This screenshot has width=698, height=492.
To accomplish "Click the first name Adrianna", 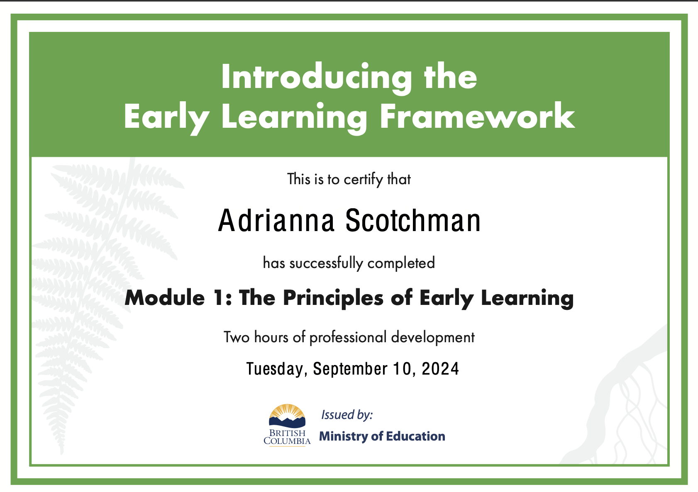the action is point(276,221).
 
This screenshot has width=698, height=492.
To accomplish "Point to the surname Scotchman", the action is point(413,221).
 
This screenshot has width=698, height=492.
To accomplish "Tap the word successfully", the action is point(326,263).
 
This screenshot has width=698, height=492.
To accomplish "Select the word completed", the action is point(401,263).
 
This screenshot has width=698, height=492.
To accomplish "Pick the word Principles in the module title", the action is point(333,299).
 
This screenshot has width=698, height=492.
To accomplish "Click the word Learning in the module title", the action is point(527,299).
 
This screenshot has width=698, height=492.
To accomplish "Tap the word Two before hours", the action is point(237,337).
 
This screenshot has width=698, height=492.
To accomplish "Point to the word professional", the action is point(348,338).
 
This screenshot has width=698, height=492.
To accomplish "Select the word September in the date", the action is point(351,369).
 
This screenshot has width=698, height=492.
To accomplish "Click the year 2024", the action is point(440,369).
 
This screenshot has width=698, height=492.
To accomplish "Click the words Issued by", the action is point(347,415).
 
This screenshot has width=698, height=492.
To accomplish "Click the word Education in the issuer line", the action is point(415,436).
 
